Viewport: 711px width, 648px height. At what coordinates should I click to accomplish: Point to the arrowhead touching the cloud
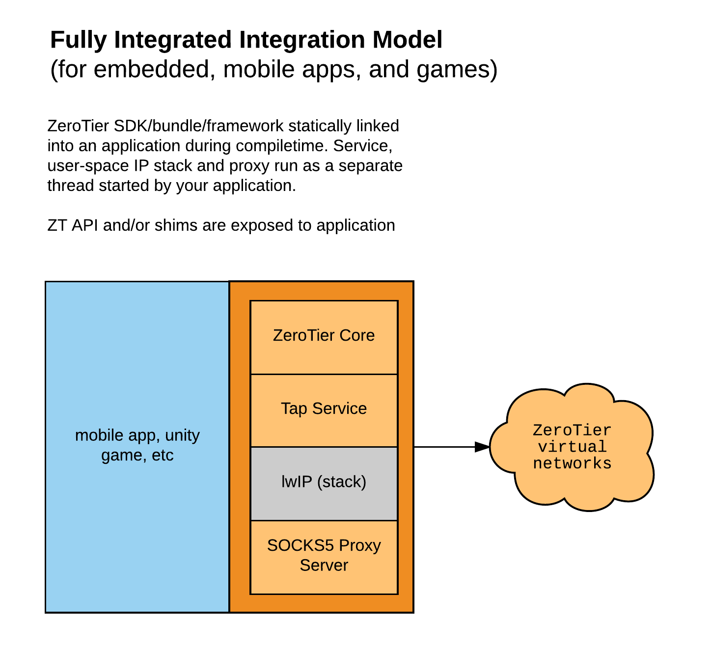(482, 447)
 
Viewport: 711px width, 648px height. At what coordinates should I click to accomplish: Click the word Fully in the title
(79, 40)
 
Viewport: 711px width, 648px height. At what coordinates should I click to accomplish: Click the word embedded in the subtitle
(155, 69)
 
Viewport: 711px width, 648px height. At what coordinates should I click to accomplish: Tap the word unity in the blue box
(182, 435)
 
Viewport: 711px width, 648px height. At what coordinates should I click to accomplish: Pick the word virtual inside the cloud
(572, 447)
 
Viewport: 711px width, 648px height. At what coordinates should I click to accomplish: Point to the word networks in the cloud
(572, 463)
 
